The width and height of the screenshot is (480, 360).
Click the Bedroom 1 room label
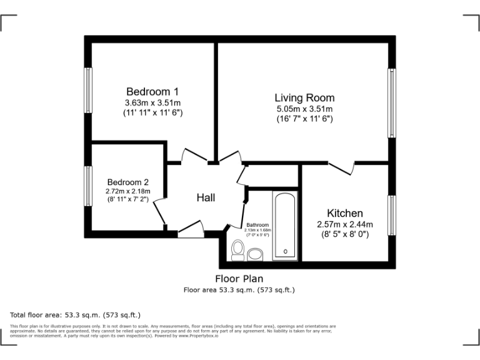tap(152, 91)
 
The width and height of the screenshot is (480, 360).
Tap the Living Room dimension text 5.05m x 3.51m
tap(304, 109)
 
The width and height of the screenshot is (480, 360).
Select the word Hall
tap(206, 197)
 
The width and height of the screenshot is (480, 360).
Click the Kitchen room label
tap(344, 213)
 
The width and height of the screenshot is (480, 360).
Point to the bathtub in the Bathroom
tap(286, 224)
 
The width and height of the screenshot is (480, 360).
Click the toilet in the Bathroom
tap(237, 251)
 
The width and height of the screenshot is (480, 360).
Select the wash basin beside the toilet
tap(255, 254)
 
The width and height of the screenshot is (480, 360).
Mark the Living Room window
tap(392, 103)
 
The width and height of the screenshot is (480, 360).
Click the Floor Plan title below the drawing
tap(239, 279)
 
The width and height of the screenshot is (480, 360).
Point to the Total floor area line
tap(75, 315)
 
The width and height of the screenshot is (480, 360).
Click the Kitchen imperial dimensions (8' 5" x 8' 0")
tap(344, 234)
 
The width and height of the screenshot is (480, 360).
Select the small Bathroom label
tap(257, 225)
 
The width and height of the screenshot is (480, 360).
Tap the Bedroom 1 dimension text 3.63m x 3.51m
tap(152, 102)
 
